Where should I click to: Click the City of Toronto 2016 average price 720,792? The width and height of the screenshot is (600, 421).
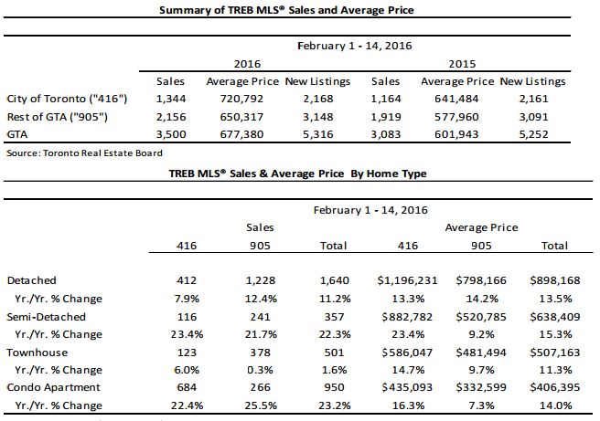(241, 99)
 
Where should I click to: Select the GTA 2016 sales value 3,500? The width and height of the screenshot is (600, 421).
(171, 134)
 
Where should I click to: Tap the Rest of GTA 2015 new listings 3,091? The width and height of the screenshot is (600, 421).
(533, 117)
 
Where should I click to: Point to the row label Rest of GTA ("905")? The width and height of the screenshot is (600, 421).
(58, 117)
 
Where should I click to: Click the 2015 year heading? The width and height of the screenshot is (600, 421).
(462, 64)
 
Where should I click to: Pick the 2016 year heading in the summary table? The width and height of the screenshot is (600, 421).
(247, 64)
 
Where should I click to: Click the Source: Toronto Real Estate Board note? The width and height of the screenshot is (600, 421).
(84, 153)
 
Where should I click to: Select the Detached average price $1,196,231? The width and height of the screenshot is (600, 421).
(407, 280)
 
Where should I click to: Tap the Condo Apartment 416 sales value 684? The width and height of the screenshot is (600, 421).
(187, 387)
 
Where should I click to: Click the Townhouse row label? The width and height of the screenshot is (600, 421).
(37, 353)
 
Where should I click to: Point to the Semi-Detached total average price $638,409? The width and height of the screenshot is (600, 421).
(555, 317)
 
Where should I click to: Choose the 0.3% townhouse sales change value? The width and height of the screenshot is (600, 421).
(260, 370)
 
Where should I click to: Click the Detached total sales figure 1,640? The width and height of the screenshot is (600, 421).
(334, 280)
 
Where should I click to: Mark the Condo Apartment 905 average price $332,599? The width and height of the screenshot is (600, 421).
(481, 387)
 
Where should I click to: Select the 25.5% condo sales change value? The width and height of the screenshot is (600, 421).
(261, 405)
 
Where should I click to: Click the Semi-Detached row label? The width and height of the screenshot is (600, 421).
(47, 317)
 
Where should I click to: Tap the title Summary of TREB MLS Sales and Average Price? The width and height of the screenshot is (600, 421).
(286, 10)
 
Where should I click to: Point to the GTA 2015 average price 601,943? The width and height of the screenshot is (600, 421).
(456, 134)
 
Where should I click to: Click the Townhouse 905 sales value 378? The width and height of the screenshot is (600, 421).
(260, 353)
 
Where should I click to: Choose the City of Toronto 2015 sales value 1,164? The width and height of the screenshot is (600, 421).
(386, 99)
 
